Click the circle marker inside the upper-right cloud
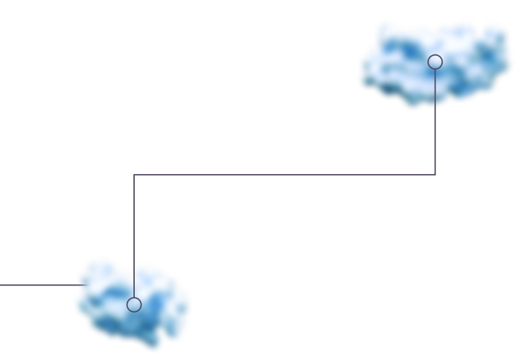[x=435, y=62]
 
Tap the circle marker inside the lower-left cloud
[x=134, y=304]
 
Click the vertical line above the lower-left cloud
[x=134, y=219]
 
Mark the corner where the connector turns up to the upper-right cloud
[x=435, y=175]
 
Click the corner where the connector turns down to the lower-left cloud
[x=134, y=175]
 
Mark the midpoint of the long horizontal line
[x=284, y=175]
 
